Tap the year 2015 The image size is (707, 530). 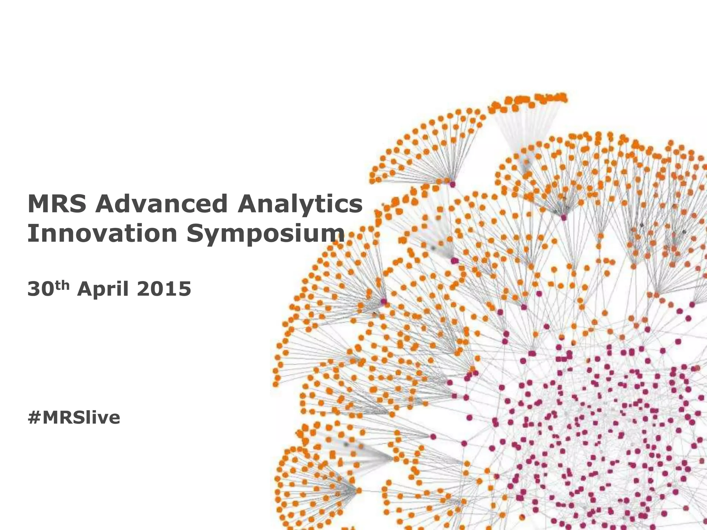pyautogui.click(x=164, y=289)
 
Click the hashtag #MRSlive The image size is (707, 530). pyautogui.click(x=74, y=418)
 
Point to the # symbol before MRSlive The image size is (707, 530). pyautogui.click(x=34, y=418)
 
